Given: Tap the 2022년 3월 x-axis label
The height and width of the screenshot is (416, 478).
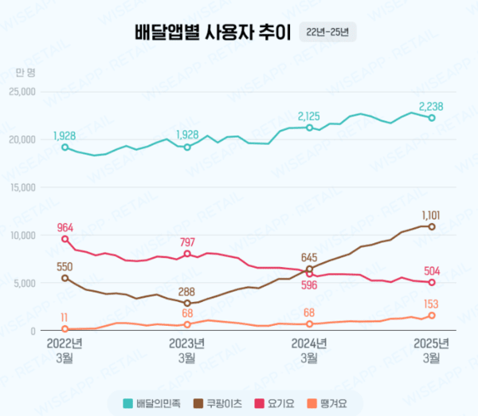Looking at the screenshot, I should tap(65, 351).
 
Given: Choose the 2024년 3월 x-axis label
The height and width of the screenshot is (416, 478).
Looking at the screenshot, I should tap(309, 351).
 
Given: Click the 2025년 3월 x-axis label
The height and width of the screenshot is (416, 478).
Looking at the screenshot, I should tap(432, 351).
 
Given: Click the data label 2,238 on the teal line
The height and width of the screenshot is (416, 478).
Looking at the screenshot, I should tap(431, 105).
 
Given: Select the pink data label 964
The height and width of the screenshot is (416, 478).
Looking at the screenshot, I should tap(65, 227).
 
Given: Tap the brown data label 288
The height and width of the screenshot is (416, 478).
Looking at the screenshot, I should tap(186, 292).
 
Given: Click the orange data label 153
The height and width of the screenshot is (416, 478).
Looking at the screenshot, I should tap(431, 303).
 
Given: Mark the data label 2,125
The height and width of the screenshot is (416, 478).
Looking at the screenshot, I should tap(309, 116).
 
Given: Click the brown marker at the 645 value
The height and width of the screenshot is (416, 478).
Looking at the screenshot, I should tap(309, 269).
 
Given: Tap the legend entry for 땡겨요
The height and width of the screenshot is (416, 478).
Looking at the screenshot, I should tap(327, 403).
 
